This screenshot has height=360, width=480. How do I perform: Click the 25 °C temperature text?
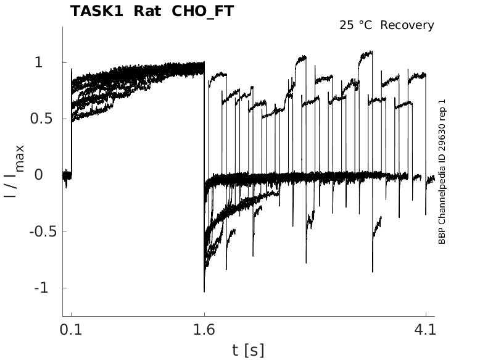[x=356, y=25]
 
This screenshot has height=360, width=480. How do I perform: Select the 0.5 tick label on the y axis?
[x=41, y=119]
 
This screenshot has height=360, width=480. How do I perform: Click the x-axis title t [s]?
[x=248, y=350]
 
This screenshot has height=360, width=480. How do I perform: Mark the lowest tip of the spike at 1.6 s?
[x=204, y=291]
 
